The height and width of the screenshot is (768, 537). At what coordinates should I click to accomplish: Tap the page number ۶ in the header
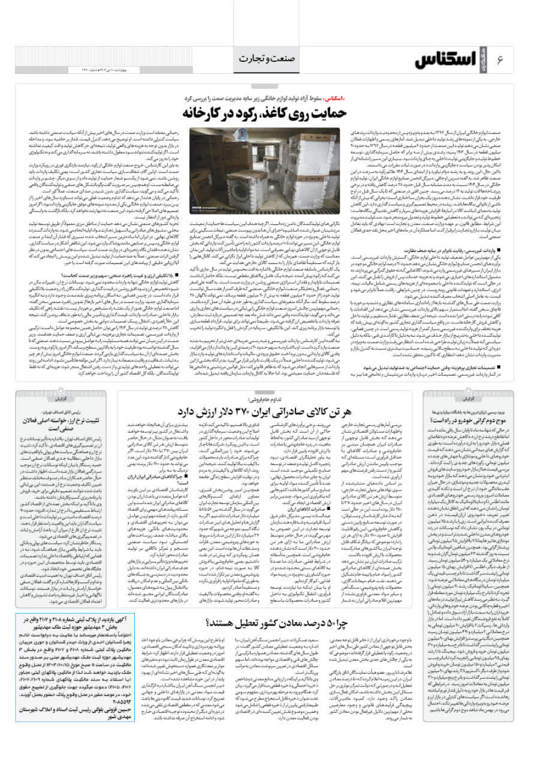(x=500, y=61)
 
